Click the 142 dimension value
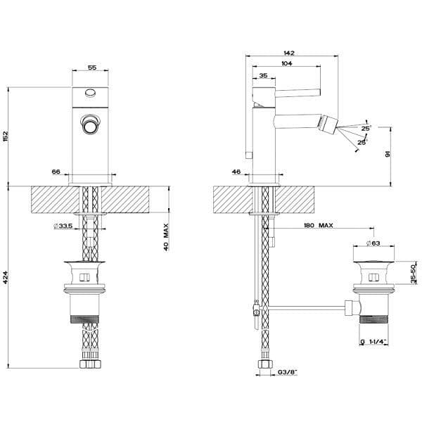coord(289,53)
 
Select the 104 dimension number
coord(287,63)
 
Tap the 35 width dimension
coord(263,75)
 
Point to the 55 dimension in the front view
coord(92,68)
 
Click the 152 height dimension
coord(6,137)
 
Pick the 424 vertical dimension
coord(6,278)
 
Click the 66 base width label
coord(56,172)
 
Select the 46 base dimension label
coord(236,172)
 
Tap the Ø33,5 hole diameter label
coord(63,226)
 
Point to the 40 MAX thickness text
coord(166,237)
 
